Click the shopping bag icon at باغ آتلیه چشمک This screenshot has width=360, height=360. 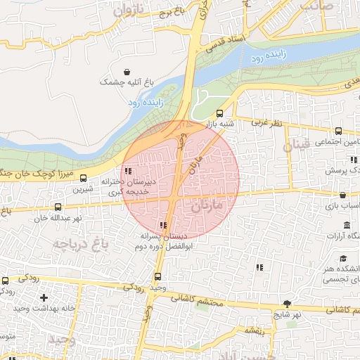point(127,72)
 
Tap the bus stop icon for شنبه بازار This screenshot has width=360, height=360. point(220,112)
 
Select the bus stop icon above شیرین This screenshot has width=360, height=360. point(84,178)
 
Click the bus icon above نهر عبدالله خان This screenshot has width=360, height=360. point(58,207)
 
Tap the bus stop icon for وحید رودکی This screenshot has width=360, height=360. point(157,276)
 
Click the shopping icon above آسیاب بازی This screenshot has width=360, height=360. point(342,195)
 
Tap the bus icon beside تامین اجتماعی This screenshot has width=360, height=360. point(338,131)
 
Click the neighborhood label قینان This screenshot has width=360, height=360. point(296,146)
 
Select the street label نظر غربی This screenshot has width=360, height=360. point(266,122)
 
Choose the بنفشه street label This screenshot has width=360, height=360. point(253,329)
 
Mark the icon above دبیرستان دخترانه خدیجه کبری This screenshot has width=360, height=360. point(127,171)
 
